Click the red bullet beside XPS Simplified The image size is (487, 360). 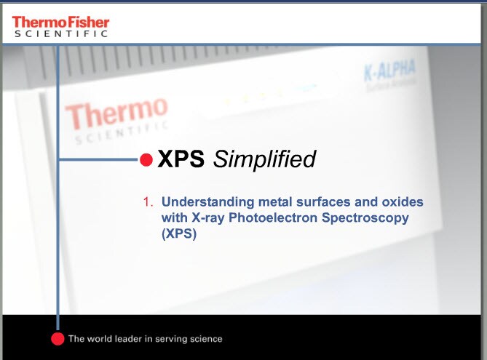point(146,160)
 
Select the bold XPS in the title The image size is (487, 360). point(181,159)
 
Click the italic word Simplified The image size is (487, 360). point(264,160)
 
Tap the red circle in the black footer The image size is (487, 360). point(58,338)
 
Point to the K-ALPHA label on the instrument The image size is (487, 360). point(389,71)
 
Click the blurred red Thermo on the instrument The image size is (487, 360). point(116,115)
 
